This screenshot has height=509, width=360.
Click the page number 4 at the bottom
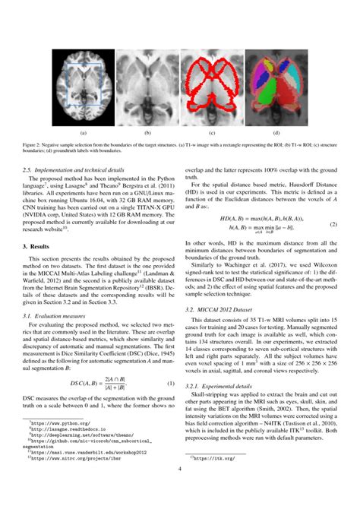179,489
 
